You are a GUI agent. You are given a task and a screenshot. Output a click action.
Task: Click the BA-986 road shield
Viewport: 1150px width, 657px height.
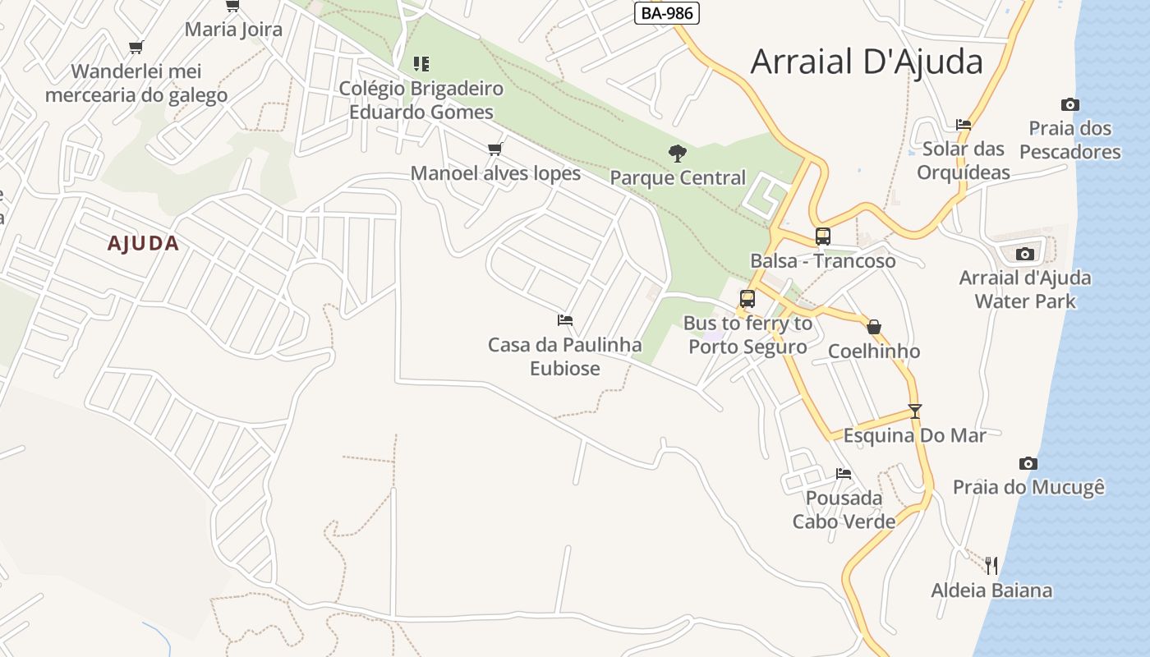coord(666,13)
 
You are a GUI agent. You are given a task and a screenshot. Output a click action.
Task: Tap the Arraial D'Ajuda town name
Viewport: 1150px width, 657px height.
coord(867,62)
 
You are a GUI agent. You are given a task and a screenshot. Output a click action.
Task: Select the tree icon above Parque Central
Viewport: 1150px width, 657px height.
coord(678,153)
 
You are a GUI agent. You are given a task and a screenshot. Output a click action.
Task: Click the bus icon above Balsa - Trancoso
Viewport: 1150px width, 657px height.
coord(822,237)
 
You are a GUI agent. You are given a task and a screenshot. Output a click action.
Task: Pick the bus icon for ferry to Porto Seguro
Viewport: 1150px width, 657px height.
coord(747,299)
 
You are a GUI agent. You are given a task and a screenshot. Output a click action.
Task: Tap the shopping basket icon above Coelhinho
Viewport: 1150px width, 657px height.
coord(874,327)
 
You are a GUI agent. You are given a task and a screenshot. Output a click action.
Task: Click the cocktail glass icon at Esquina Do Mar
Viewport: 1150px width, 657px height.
coord(915,411)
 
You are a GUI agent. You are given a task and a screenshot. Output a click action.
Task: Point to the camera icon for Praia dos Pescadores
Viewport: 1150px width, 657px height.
coord(1069,104)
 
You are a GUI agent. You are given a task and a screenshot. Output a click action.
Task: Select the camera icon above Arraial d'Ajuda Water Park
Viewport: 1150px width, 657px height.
coord(1024,254)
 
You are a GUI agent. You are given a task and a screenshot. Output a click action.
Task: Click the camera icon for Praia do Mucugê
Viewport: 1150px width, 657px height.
coord(1028,463)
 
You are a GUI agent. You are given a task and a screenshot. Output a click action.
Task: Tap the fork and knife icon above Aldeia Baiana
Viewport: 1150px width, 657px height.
coord(991,565)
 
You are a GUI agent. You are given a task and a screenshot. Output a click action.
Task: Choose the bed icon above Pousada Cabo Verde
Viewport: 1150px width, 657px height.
coord(843,474)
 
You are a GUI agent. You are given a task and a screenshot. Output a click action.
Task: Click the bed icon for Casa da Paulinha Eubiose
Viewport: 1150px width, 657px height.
coord(564,319)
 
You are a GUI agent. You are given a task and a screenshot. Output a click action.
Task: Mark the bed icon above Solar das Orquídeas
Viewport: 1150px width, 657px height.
coord(964,125)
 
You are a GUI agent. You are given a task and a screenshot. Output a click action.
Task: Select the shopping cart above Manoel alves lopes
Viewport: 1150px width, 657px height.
coord(494,149)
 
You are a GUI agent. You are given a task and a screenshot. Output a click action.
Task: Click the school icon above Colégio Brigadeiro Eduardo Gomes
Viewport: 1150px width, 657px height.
coord(421,63)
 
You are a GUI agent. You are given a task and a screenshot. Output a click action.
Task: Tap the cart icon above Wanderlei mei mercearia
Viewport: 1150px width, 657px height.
coord(136,47)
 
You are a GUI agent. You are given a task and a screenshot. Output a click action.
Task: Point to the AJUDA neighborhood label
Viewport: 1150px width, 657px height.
coord(143,243)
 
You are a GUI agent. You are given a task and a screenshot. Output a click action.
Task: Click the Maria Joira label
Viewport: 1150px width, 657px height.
coord(233,30)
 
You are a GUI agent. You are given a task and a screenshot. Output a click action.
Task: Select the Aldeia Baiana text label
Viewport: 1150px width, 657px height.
coord(991,590)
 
